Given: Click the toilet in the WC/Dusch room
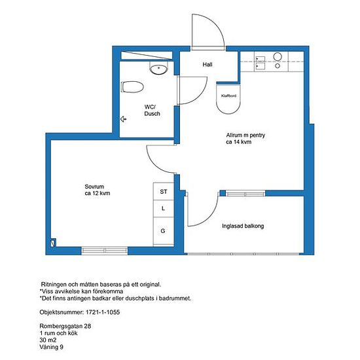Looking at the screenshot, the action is coord(132,87).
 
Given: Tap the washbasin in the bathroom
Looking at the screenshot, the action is coord(158,67).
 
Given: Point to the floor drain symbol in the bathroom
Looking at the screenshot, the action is coord(123,119).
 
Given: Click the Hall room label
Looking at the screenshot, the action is coord(207,65).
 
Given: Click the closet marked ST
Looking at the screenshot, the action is coord(163,191).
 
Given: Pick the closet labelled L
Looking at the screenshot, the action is coord(163,208).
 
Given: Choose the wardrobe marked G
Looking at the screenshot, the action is coord(163,231).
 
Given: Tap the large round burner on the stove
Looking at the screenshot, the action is coord(278,56).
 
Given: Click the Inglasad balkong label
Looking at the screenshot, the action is coord(243,226).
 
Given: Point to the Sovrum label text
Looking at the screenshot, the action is coord(94,187).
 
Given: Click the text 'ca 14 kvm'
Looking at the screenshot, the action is coord(238,142).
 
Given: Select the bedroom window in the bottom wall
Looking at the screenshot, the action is coord(105,250).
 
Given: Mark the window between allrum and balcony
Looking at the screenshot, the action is coord(245,194).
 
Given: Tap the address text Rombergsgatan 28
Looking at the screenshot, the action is coord(65,326).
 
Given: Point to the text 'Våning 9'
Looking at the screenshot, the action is coord(51,347).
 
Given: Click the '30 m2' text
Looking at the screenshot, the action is coord(48,340).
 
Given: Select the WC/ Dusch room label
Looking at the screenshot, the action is coord(152,110).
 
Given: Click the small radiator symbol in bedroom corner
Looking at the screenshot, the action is coord(53,243).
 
